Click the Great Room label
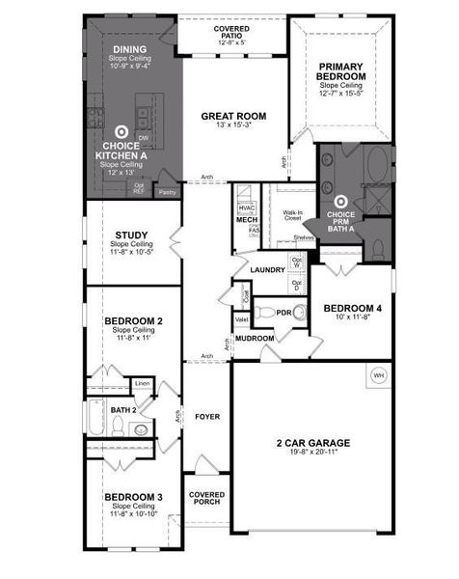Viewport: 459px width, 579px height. [233, 117]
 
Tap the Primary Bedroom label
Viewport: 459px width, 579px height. [342, 72]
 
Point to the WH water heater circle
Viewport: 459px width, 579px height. [379, 374]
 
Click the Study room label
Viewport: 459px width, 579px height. [132, 234]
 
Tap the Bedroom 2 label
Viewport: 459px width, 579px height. [132, 320]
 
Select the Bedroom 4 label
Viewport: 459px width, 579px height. [352, 308]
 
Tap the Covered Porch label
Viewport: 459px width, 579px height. [206, 498]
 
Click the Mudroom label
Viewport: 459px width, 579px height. [254, 338]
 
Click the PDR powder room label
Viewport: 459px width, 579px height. [284, 312]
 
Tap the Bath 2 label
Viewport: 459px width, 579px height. [122, 410]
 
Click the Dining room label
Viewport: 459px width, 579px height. [130, 48]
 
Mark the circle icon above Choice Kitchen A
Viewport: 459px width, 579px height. [121, 131]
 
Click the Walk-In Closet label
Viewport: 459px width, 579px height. [293, 215]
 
